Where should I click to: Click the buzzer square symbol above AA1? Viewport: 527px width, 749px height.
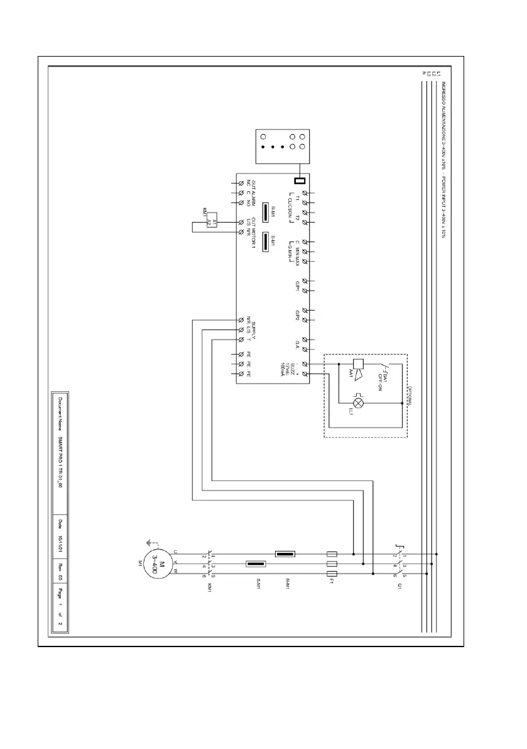[x=358, y=364]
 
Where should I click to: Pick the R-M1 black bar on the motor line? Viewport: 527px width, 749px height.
[x=285, y=555]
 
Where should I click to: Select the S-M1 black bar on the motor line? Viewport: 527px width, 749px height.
[x=254, y=564]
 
